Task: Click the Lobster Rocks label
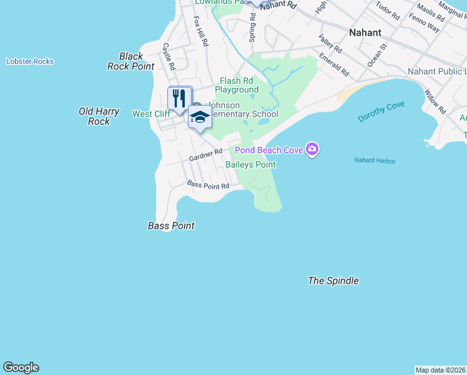click(30, 61)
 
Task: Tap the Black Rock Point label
click(130, 61)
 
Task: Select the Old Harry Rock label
click(99, 116)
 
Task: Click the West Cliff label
click(150, 114)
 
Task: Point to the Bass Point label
click(171, 226)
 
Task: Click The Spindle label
click(333, 281)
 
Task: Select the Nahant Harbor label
click(375, 161)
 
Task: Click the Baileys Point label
click(250, 164)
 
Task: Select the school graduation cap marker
click(200, 117)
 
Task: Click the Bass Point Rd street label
click(209, 185)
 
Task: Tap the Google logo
click(21, 367)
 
